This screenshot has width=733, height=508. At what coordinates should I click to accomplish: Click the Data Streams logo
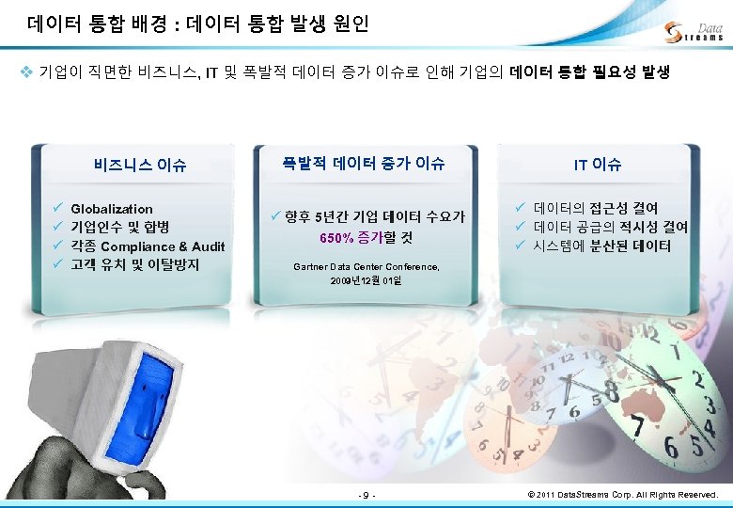point(694,31)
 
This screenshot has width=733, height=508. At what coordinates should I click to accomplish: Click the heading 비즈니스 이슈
point(140,166)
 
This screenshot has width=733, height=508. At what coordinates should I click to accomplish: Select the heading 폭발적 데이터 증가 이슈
point(364,163)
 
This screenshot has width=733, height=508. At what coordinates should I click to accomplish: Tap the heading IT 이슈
point(598,164)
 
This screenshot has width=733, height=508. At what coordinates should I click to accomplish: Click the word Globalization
point(112,209)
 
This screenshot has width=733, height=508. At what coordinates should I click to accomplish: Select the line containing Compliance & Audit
point(148,246)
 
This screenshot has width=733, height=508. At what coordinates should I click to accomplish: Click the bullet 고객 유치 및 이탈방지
point(134,265)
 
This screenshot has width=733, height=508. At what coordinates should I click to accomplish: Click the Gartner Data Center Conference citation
point(366,267)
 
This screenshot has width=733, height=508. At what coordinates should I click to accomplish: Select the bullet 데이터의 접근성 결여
point(596,208)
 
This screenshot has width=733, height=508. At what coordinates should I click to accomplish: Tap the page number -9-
point(366,494)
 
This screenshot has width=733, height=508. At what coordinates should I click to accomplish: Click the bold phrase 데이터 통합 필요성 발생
point(589,71)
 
